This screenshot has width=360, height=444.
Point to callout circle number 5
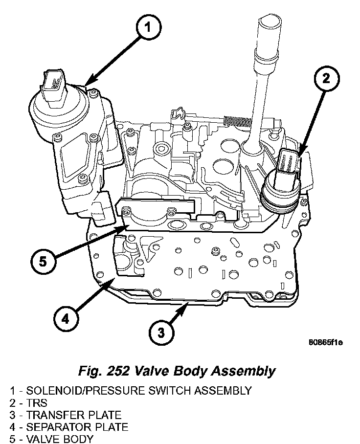pos(43,261)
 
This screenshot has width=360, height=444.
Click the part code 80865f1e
pos(325,342)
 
